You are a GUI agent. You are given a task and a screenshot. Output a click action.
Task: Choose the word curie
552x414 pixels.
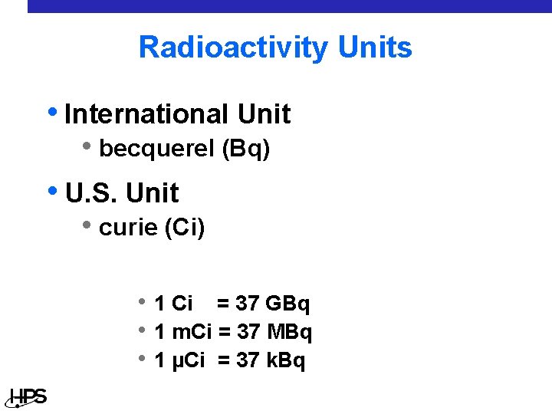129,228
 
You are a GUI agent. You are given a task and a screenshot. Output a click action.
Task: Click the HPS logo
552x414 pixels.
28,397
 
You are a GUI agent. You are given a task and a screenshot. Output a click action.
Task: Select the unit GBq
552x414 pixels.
287,304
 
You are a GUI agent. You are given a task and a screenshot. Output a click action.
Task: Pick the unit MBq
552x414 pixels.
289,333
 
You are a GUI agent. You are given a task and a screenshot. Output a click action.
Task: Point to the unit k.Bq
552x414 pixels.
285,360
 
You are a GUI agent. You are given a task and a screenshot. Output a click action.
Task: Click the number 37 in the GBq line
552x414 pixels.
247,304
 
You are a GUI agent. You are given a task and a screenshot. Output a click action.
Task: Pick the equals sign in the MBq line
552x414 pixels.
224,333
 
